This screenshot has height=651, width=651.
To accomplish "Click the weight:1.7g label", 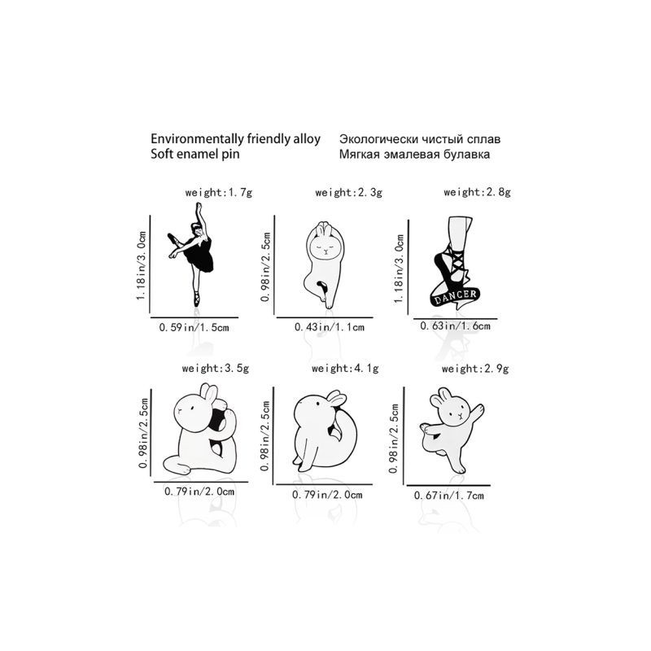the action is (x=219, y=193).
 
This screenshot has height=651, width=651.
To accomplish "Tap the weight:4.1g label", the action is (x=345, y=369).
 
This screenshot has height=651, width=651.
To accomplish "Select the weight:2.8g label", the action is (x=477, y=192).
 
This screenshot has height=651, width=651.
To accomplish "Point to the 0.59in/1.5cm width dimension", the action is (x=194, y=328).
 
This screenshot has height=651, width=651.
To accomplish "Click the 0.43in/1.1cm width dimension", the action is (x=330, y=327).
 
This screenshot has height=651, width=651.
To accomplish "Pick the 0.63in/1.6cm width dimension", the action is (x=455, y=326).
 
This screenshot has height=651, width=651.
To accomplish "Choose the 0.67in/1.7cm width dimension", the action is (x=449, y=496).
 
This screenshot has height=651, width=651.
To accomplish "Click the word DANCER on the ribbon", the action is (x=456, y=296).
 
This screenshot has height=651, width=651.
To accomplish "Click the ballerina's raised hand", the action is (x=199, y=206).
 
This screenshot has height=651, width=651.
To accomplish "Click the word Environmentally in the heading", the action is (x=197, y=138).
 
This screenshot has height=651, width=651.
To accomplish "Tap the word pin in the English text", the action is (x=233, y=154).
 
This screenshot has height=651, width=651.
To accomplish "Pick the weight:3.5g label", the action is (x=216, y=369).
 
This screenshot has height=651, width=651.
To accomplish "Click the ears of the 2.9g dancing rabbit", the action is (x=440, y=396).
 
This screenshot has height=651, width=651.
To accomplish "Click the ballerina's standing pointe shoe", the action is (x=196, y=299).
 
